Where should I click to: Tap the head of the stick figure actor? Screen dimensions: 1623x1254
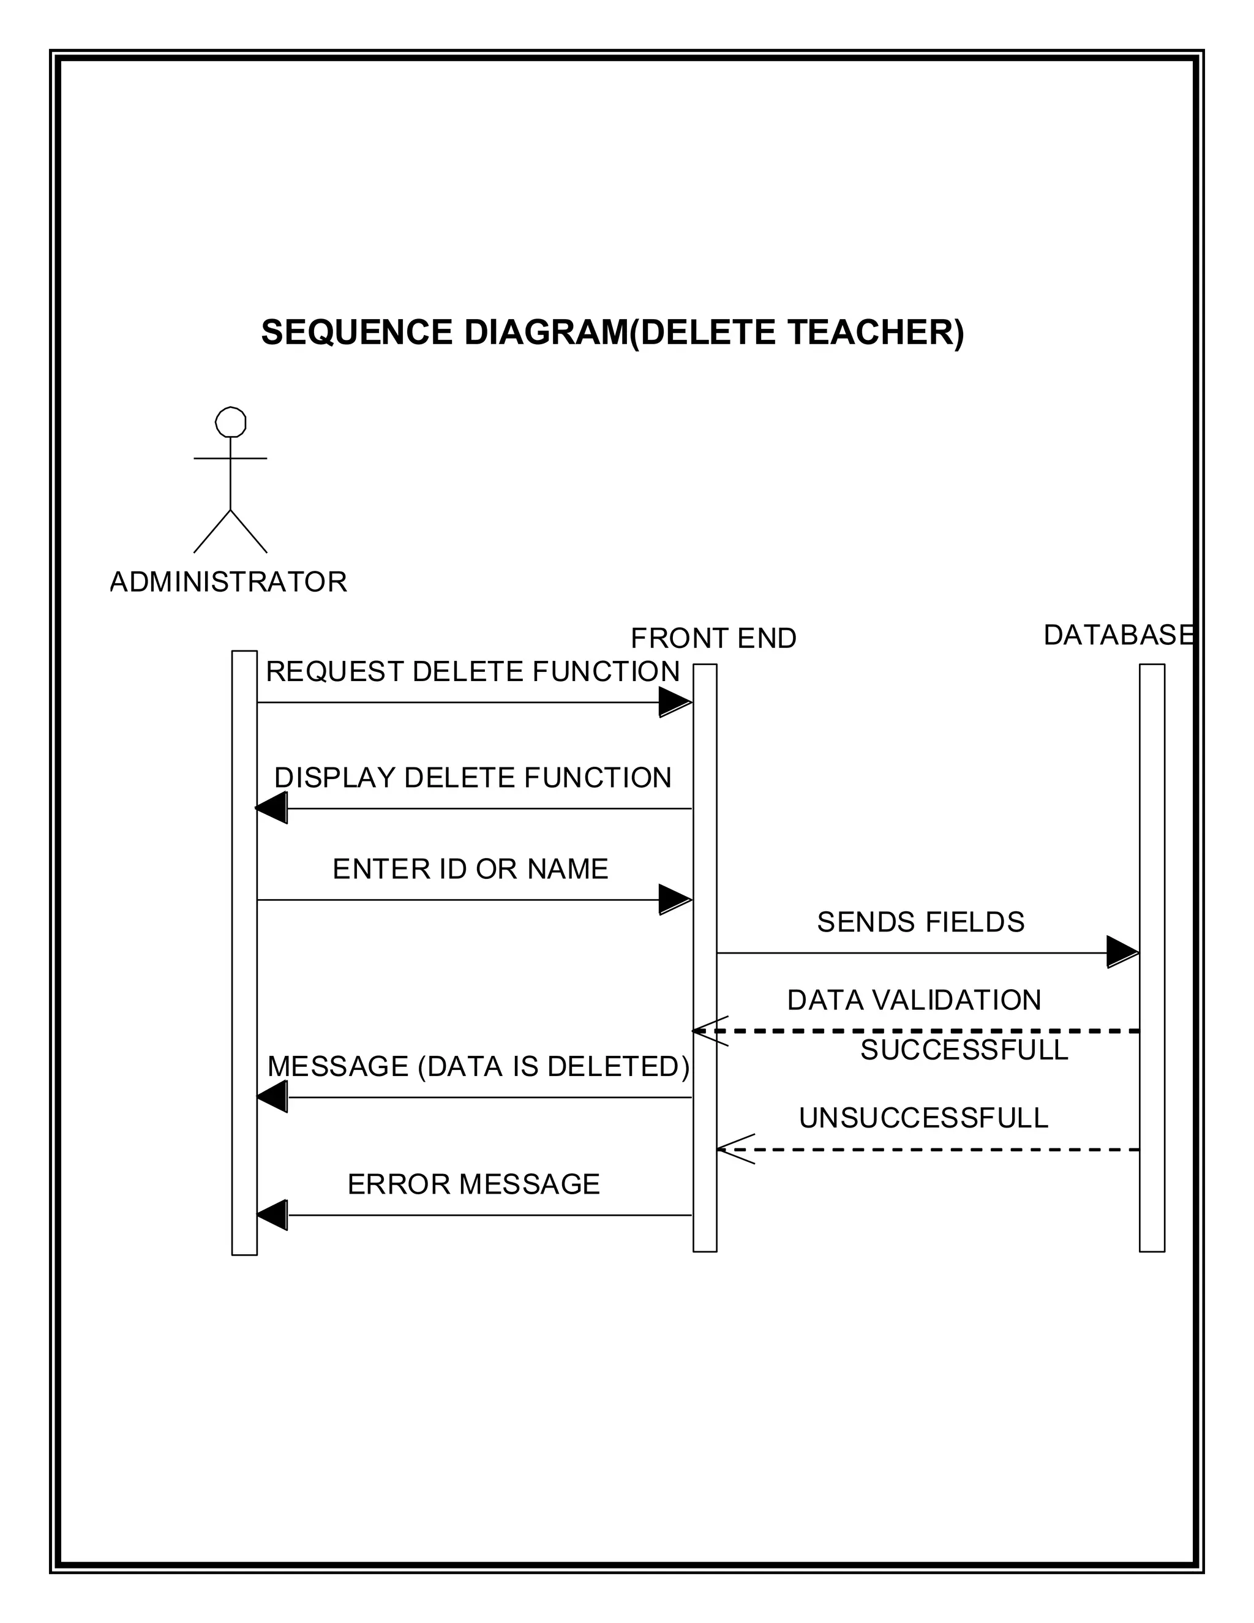[x=230, y=422]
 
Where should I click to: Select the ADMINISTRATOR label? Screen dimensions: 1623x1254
[x=228, y=582]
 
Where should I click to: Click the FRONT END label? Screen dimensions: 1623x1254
[x=713, y=638]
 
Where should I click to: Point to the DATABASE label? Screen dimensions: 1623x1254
[x=1118, y=635]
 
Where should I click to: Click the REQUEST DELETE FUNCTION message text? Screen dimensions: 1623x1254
[x=473, y=672]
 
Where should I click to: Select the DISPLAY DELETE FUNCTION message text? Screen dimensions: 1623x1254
[x=473, y=778]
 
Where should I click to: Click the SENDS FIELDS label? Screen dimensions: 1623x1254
[x=920, y=922]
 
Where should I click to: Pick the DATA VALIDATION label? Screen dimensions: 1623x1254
[x=914, y=1000]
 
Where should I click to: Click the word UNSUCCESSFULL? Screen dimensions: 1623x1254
[x=923, y=1118]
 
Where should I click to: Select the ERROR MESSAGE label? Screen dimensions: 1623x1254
[x=473, y=1184]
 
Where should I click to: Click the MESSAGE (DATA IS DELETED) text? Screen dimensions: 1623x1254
[x=478, y=1066]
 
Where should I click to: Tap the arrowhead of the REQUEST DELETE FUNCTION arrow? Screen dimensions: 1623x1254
[x=675, y=702]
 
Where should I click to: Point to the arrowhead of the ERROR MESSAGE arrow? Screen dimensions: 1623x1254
[x=272, y=1215]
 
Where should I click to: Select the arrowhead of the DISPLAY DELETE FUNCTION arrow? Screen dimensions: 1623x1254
[x=272, y=808]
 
